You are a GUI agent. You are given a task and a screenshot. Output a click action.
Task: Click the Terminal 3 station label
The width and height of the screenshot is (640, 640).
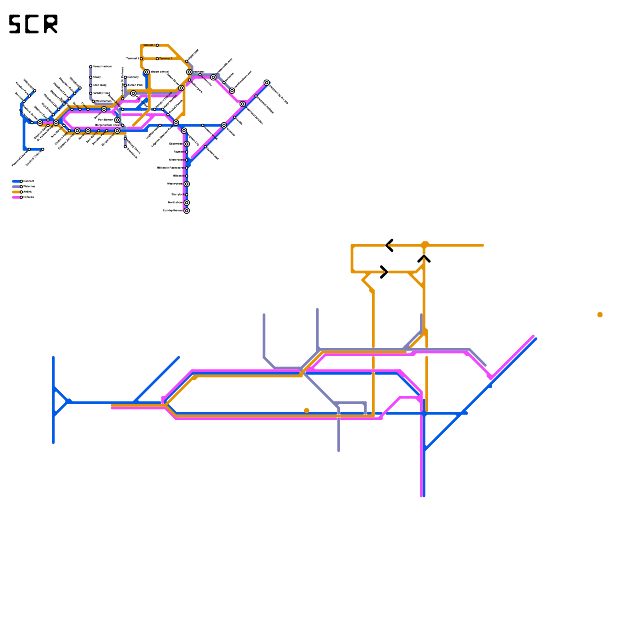tap(149, 45)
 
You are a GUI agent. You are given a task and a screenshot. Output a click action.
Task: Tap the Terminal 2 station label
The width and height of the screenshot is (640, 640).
tap(166, 58)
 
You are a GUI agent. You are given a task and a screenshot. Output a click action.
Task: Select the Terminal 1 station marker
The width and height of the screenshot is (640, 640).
tap(141, 59)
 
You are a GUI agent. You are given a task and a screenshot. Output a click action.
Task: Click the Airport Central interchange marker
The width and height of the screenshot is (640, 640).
tap(147, 72)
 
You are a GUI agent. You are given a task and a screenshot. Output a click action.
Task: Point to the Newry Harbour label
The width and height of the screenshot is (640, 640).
tap(102, 66)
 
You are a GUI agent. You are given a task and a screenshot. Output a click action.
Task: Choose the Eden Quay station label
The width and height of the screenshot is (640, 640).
tap(100, 85)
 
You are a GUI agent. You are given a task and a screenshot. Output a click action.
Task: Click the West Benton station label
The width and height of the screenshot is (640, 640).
tap(103, 101)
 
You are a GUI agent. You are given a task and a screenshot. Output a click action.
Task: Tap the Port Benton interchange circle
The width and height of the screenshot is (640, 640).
tap(117, 120)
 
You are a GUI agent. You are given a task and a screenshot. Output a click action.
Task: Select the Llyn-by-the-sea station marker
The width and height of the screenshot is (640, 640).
tap(187, 211)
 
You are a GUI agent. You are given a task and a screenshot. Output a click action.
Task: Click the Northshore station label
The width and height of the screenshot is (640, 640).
tap(175, 202)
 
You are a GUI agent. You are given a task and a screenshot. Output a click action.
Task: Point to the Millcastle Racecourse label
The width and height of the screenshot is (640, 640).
tap(170, 168)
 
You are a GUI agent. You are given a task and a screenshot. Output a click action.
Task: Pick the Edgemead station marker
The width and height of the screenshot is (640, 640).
tap(187, 144)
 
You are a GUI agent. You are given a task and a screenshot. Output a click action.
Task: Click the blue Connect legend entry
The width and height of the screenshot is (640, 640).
tap(28, 181)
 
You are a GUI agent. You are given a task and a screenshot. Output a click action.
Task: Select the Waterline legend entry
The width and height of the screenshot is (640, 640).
tap(29, 186)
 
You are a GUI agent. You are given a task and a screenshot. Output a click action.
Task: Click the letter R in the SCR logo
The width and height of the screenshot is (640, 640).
tap(51, 24)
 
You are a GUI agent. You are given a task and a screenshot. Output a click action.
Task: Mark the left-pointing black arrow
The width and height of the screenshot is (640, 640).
tap(390, 245)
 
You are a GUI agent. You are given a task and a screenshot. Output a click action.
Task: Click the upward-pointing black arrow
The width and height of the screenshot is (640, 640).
tap(424, 259)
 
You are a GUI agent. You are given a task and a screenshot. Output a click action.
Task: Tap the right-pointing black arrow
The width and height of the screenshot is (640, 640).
tap(384, 272)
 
